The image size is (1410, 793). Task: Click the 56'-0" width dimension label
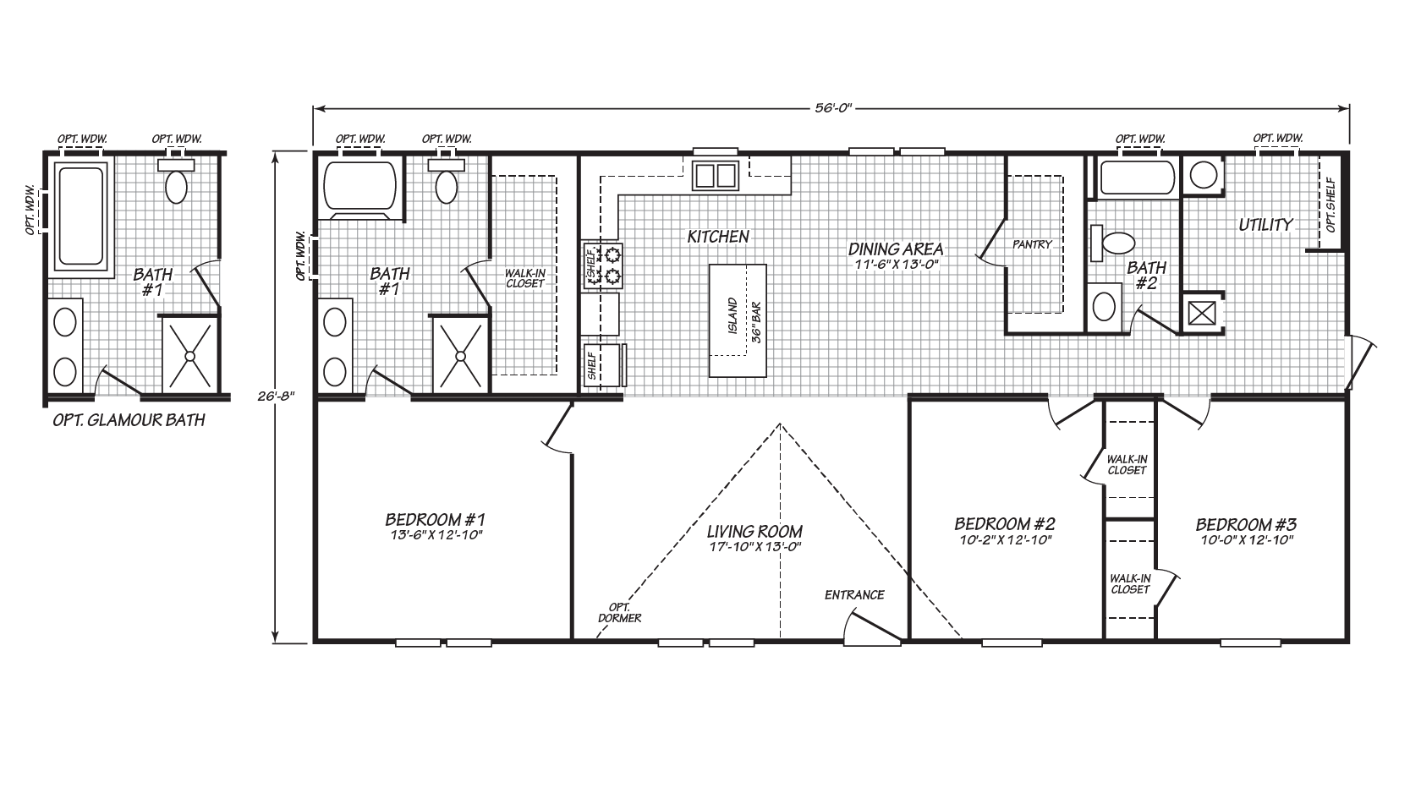click(x=833, y=108)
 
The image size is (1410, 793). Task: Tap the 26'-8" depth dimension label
click(x=276, y=396)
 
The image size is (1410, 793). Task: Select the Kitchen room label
click(x=718, y=237)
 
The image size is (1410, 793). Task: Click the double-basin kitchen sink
click(x=715, y=175)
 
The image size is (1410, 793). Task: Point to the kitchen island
click(x=738, y=320)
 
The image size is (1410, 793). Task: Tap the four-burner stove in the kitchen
click(x=603, y=265)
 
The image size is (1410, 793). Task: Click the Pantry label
click(x=1032, y=244)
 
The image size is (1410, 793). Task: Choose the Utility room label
click(x=1266, y=225)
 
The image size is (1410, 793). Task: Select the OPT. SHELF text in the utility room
click(x=1330, y=205)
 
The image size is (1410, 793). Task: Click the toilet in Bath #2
click(x=1112, y=243)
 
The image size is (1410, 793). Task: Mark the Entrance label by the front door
click(x=854, y=595)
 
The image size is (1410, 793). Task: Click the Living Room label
click(x=754, y=532)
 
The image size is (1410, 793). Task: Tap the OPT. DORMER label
click(x=619, y=612)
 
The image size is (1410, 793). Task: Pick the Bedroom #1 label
click(x=435, y=520)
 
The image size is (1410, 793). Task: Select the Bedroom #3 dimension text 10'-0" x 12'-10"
click(x=1247, y=540)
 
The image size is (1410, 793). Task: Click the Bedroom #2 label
click(x=1005, y=523)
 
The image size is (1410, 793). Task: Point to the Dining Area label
click(x=896, y=249)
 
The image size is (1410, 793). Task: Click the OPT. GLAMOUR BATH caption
click(x=129, y=420)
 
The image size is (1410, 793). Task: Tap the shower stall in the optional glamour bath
click(x=190, y=356)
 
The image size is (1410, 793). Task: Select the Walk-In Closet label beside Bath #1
click(x=524, y=278)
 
